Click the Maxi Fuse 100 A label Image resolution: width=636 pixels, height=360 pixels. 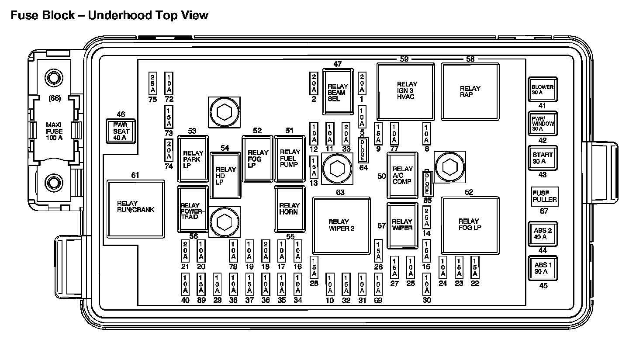pos(54,131)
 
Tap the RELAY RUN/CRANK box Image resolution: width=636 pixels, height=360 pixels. pos(136,209)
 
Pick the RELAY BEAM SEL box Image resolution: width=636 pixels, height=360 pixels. pos(338,92)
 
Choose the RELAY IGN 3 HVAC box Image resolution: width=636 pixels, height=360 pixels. pos(406,91)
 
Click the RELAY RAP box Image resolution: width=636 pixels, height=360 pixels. pos(470,91)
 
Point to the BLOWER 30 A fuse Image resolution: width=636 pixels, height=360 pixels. pos(543,90)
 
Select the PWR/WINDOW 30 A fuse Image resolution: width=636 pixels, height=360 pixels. pos(543,124)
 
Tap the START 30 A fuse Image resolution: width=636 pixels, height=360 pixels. pos(543,158)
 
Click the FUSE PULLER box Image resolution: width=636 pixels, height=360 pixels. pos(544,196)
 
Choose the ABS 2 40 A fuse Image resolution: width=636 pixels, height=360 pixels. pos(543,234)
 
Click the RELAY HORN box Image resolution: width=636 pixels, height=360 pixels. pos(290,208)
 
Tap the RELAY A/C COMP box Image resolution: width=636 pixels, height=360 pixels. pos(402,175)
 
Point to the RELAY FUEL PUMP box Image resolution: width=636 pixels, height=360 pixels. pos(290,158)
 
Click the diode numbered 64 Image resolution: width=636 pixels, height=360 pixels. pos(363,150)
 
